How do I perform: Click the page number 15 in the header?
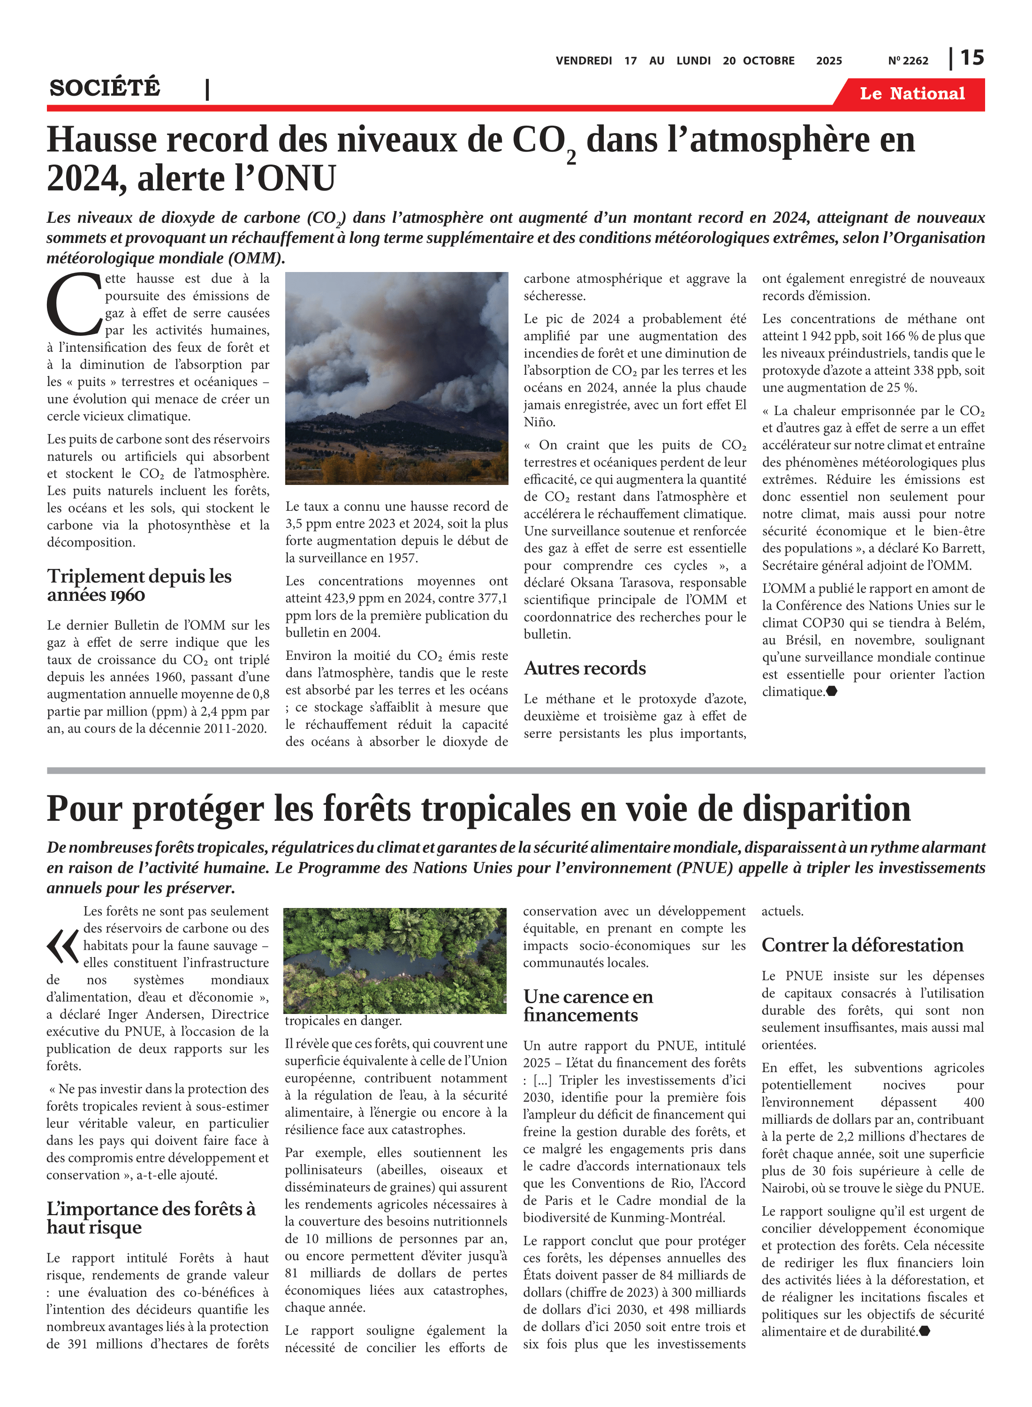971,58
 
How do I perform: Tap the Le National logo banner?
911,94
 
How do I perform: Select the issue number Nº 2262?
908,61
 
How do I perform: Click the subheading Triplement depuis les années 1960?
139,585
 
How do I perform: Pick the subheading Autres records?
584,668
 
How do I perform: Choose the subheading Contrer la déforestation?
862,945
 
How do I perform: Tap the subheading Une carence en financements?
588,1006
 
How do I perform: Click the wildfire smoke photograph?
397,378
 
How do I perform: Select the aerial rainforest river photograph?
395,960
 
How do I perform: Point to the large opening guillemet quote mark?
62,946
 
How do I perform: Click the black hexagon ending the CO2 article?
832,691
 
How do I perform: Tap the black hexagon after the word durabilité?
925,1331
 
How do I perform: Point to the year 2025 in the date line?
828,61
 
